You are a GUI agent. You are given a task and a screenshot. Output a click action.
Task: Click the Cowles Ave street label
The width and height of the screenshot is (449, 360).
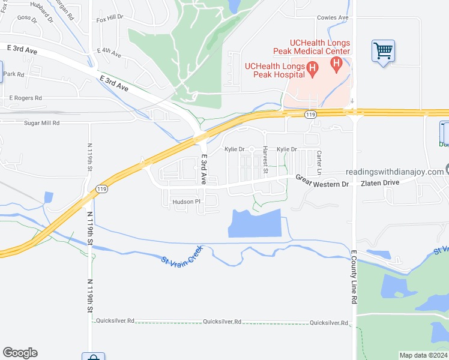[x=333, y=18]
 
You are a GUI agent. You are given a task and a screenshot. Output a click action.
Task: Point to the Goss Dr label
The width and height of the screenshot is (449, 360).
[x=27, y=18]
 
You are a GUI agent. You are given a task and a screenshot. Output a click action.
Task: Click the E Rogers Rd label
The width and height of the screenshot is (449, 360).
[x=25, y=97]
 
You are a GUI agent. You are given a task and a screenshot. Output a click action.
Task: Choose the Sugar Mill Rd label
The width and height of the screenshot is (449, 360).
[x=42, y=122]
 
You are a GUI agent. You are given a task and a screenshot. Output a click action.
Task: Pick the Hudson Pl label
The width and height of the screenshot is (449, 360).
[x=186, y=202]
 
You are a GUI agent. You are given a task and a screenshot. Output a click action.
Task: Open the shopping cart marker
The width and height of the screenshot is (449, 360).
[x=383, y=50]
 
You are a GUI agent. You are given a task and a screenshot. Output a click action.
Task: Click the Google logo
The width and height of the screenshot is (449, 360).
[x=20, y=353]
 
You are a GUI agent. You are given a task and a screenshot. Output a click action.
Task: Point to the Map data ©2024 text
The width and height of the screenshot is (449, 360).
[x=423, y=355]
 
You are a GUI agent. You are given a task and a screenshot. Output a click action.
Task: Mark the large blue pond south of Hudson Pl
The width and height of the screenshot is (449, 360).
[x=255, y=223]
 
